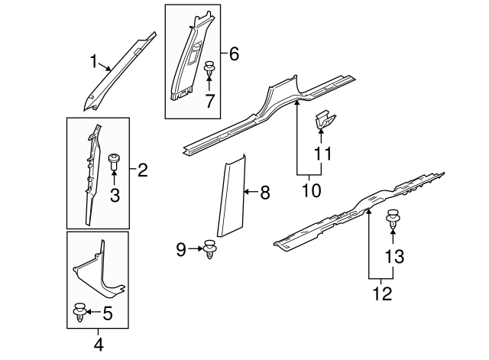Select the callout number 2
(142, 171)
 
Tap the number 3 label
(115, 196)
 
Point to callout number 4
(98, 345)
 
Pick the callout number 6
(234, 54)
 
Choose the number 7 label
(209, 99)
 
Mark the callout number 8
(264, 193)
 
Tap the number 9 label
(181, 248)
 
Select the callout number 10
(312, 189)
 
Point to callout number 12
(382, 292)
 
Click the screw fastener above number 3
(115, 162)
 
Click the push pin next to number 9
(212, 250)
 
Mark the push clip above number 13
(394, 219)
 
